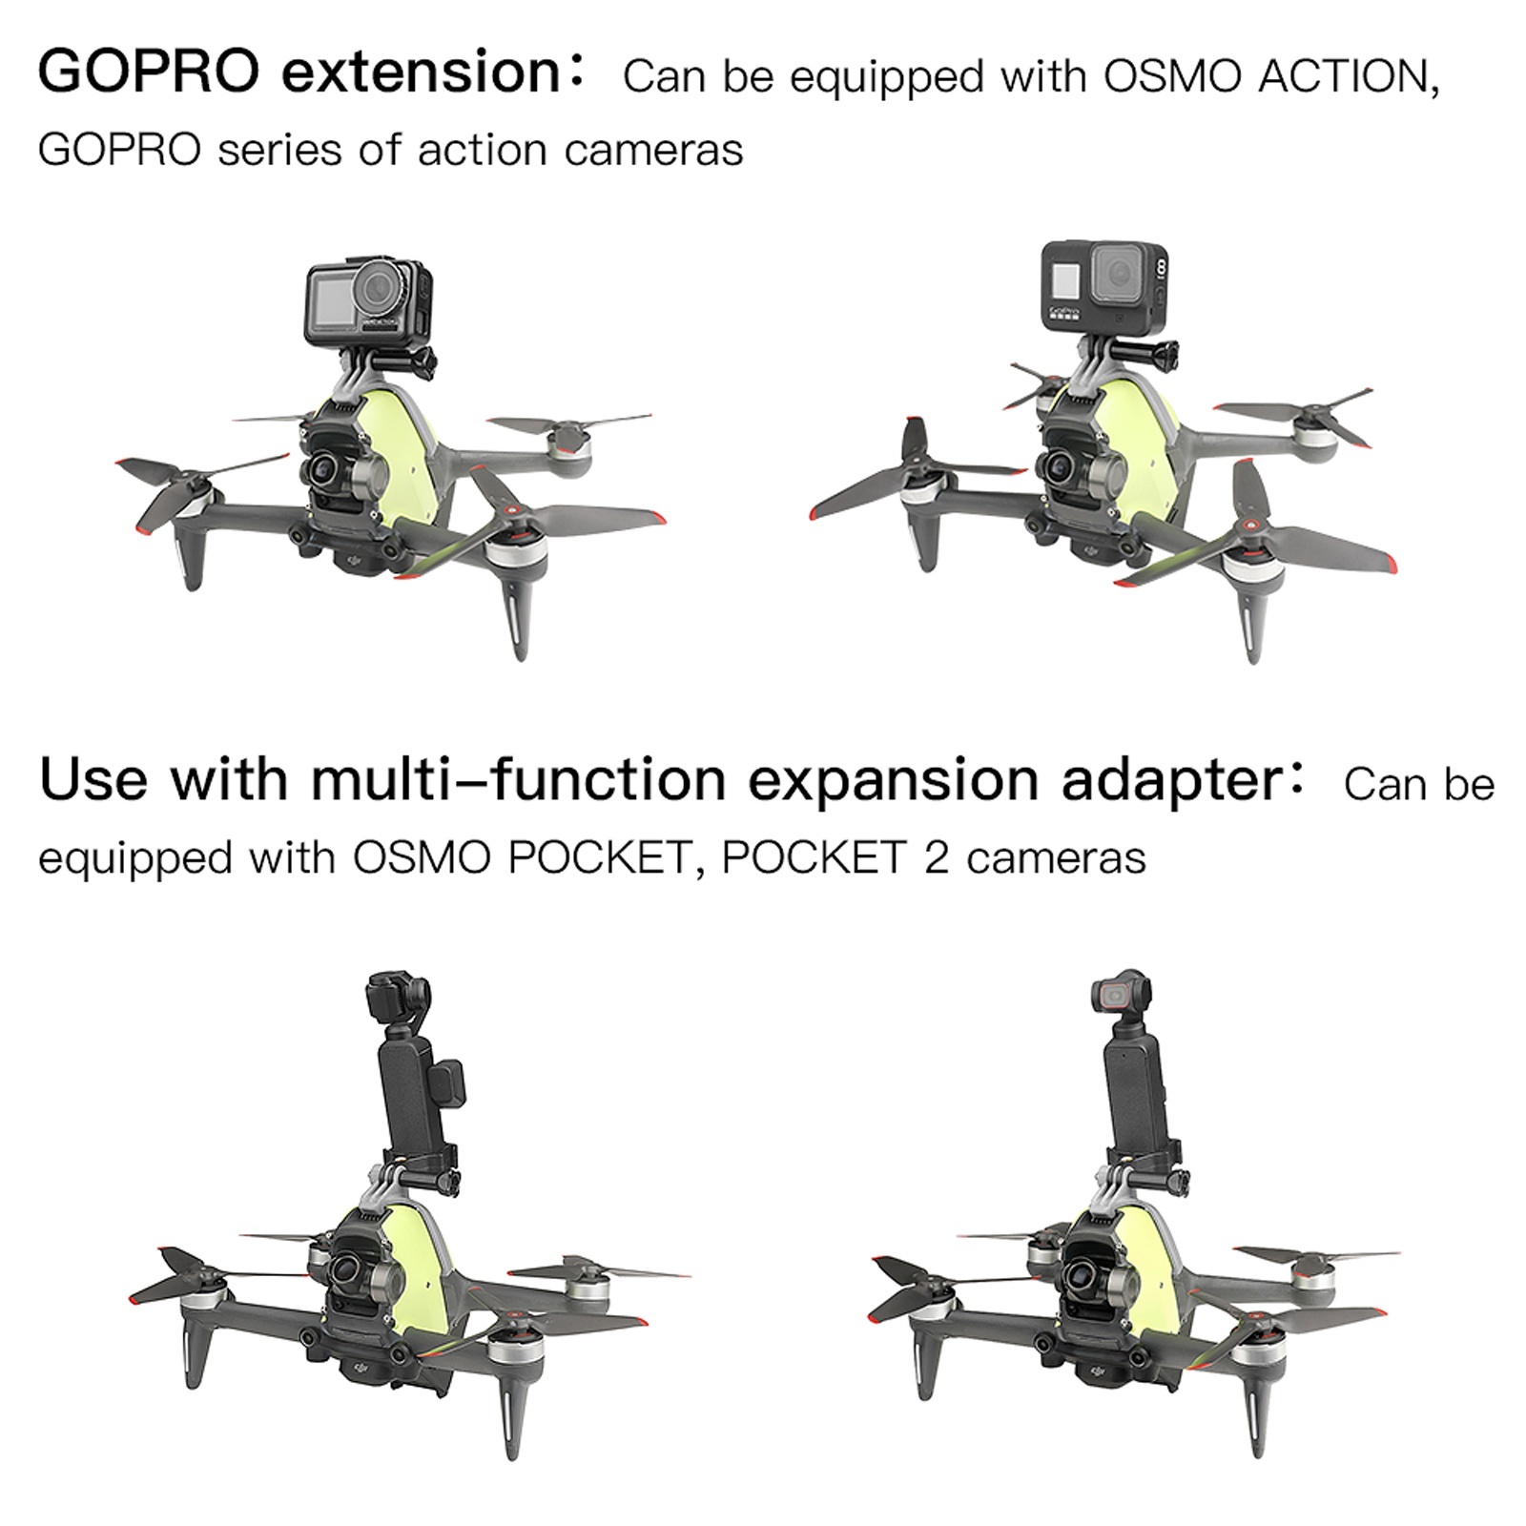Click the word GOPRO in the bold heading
[149, 72]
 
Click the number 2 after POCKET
[936, 858]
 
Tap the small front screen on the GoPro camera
[1065, 279]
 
